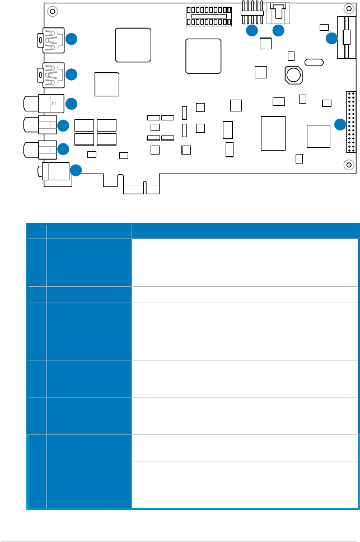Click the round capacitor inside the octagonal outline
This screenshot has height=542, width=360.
click(293, 74)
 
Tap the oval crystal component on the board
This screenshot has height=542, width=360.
click(314, 62)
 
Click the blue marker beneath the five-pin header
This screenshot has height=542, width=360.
click(252, 31)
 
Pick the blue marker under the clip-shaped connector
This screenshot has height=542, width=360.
click(278, 31)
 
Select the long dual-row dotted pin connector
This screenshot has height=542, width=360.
click(351, 121)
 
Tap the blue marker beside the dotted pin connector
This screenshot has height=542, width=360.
click(339, 124)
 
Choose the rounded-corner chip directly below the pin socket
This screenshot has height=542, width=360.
click(204, 55)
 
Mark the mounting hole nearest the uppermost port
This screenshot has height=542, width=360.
click(52, 11)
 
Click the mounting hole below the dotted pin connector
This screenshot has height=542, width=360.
click(349, 165)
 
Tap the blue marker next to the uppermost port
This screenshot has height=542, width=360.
click(71, 39)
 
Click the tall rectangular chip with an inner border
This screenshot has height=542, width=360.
click(273, 133)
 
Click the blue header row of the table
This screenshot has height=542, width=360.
click(193, 230)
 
